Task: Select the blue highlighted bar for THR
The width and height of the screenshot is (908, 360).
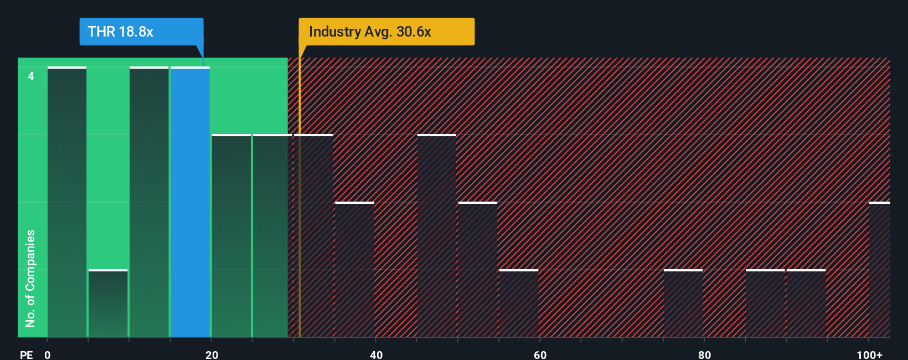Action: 190,202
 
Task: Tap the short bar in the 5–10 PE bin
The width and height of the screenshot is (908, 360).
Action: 108,304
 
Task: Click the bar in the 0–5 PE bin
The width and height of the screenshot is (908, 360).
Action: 67,202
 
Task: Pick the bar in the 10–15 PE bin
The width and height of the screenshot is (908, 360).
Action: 149,202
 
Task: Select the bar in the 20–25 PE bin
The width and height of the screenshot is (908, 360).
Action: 231,236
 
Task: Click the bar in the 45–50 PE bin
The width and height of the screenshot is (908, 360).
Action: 436,236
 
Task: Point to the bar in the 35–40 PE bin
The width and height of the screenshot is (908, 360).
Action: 354,270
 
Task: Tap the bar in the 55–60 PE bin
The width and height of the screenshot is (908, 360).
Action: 519,304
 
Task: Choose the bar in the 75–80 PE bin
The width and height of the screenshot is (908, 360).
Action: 683,304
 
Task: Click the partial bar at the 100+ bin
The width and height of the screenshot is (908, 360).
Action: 879,270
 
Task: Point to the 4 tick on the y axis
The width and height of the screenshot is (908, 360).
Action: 31,76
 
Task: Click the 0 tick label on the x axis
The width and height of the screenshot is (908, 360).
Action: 48,354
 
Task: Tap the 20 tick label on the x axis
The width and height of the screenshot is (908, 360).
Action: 211,354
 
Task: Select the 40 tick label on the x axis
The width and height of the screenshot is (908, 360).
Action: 376,354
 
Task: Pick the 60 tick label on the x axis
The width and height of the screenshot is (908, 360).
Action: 540,354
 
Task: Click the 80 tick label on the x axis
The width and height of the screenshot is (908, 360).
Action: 704,354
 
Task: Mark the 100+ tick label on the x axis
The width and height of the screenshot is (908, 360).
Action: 869,354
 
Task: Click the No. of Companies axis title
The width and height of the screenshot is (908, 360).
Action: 30,278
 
